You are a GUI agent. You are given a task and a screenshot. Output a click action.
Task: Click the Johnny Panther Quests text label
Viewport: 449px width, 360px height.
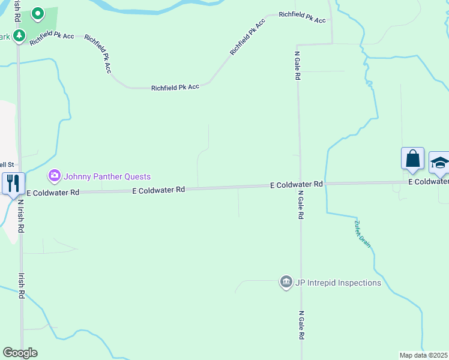[107, 176]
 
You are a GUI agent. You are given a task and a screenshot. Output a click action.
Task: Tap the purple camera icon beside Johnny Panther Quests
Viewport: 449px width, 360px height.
[55, 176]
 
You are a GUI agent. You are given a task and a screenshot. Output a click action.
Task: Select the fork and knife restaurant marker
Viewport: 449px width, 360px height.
[13, 182]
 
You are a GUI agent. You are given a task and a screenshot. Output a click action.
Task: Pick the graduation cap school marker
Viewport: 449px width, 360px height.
[439, 162]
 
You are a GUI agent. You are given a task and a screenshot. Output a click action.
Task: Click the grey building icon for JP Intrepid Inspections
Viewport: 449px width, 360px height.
[286, 282]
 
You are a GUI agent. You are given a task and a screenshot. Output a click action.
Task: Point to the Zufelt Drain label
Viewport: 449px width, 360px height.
[363, 233]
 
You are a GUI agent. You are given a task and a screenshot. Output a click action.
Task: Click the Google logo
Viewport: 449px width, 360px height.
[20, 353]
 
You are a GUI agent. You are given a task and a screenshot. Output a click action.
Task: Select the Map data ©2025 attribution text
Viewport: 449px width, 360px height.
[423, 355]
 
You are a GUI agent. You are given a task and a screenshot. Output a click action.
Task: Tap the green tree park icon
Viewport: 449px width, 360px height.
[19, 37]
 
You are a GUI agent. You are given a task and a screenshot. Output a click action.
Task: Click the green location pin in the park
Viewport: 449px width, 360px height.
[37, 13]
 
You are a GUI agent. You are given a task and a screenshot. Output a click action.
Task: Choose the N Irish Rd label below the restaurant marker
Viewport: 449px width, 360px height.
[20, 216]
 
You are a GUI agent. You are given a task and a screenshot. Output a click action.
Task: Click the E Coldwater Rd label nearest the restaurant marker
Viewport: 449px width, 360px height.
[53, 193]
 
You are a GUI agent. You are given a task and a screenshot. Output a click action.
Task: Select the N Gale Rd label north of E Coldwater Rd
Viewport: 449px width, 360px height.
[297, 66]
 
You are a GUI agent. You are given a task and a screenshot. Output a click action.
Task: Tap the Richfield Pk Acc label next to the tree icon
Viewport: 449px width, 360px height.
[52, 36]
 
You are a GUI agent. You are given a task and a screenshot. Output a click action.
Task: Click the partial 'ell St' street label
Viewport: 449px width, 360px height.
[7, 164]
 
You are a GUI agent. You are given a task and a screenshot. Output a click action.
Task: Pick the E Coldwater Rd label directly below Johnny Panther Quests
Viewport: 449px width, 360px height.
[158, 190]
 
